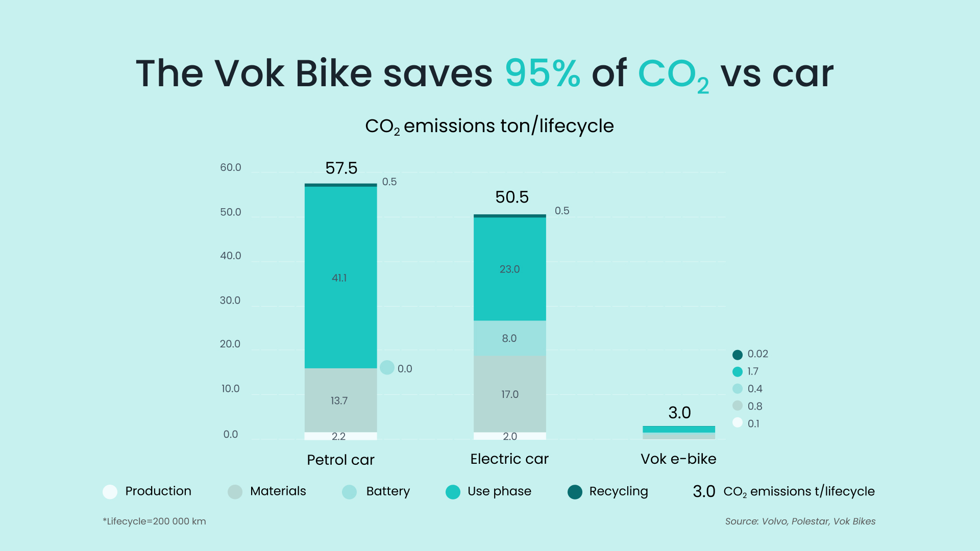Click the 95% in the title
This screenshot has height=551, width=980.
542,73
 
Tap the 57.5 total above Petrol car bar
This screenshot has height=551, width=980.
341,168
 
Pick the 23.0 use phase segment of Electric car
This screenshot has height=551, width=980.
509,269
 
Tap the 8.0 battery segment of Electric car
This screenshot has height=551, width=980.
509,338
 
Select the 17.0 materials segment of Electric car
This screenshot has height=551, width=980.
509,394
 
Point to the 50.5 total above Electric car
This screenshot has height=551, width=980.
511,197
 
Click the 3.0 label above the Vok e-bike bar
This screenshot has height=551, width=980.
679,412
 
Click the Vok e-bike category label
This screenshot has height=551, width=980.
678,459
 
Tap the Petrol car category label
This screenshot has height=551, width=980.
340,460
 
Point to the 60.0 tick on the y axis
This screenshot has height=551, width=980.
230,167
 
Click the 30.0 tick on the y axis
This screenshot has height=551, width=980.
230,300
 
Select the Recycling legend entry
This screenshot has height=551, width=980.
607,491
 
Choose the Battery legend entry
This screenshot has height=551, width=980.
378,491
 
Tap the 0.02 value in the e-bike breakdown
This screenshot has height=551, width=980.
757,354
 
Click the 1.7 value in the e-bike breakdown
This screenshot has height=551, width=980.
752,371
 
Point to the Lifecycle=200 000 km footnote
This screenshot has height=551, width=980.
154,521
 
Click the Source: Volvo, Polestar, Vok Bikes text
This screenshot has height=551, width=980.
800,521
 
